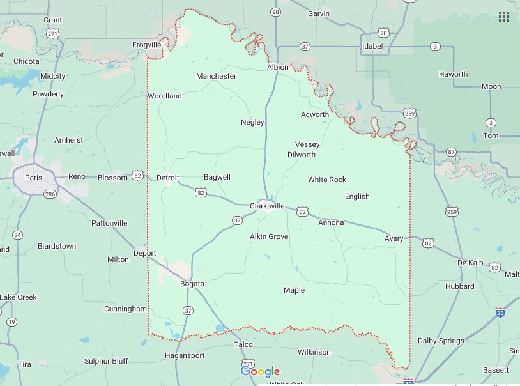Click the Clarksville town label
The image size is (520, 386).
click(266, 206)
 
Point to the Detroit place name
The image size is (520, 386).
click(167, 177)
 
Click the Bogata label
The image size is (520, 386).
click(192, 284)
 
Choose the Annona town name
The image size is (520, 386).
click(331, 222)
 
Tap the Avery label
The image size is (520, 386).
click(394, 238)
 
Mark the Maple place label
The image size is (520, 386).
click(294, 290)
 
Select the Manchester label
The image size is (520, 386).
click(216, 76)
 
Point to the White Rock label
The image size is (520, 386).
click(326, 180)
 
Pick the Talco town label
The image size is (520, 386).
click(243, 344)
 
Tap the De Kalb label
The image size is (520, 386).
click(470, 263)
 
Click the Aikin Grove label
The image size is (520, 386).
click(269, 236)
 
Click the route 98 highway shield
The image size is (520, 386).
click(275, 12)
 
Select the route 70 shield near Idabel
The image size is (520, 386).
click(383, 32)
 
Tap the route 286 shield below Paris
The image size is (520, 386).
click(49, 194)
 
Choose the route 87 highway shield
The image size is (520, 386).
click(452, 151)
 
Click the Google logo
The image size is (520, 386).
click(260, 371)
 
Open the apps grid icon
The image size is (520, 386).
click(504, 16)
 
